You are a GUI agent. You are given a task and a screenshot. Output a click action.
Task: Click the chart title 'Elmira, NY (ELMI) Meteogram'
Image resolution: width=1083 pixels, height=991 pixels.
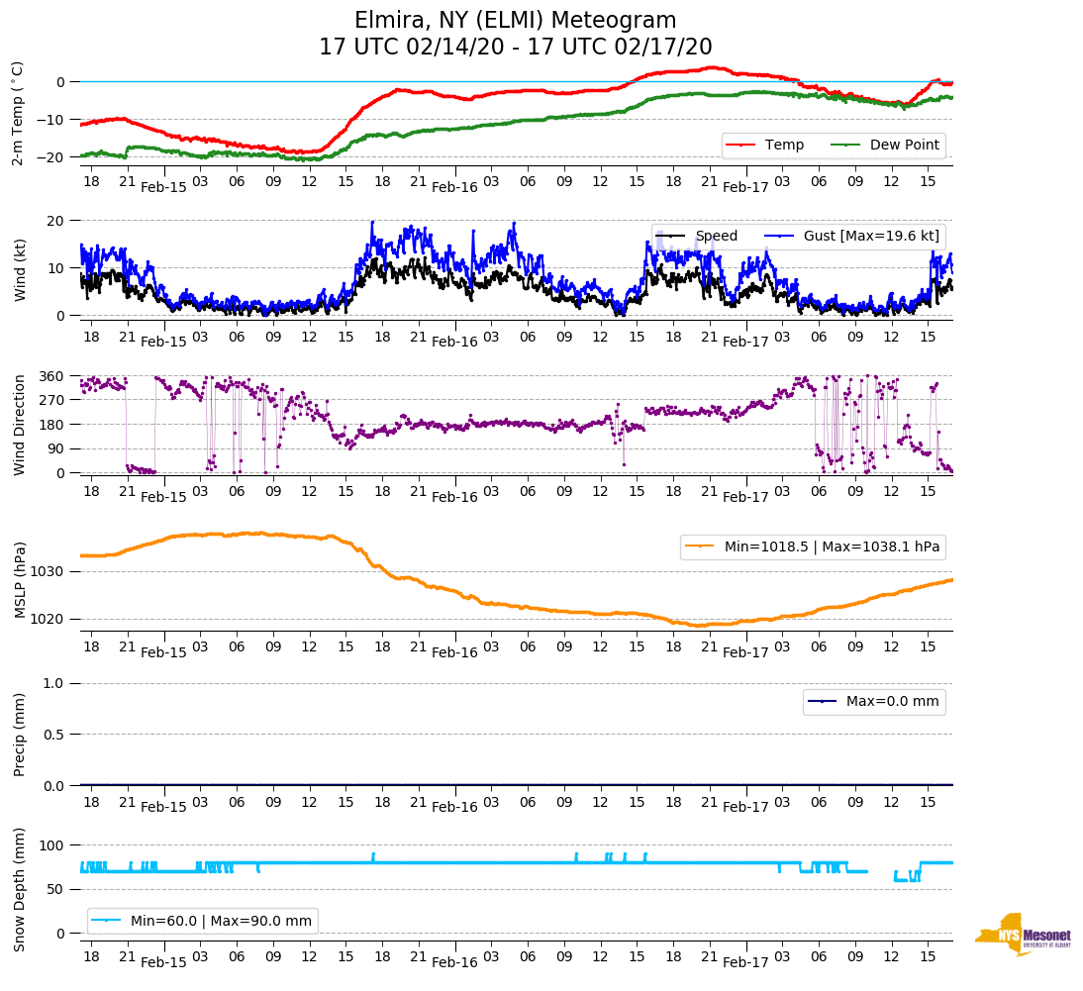coord(515,21)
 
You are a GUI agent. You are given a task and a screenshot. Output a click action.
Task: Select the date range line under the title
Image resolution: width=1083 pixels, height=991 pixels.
coord(515,48)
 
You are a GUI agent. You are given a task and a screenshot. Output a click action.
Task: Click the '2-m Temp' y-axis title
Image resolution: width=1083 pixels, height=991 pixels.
coord(17,113)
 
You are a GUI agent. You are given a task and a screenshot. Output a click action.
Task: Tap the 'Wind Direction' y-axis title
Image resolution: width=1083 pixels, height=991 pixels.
coord(20,425)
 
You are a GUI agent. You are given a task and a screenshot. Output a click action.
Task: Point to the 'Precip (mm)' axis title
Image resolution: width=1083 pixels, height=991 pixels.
coord(20,735)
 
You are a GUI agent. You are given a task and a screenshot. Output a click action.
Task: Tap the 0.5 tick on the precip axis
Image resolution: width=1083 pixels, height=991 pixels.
coord(55,735)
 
